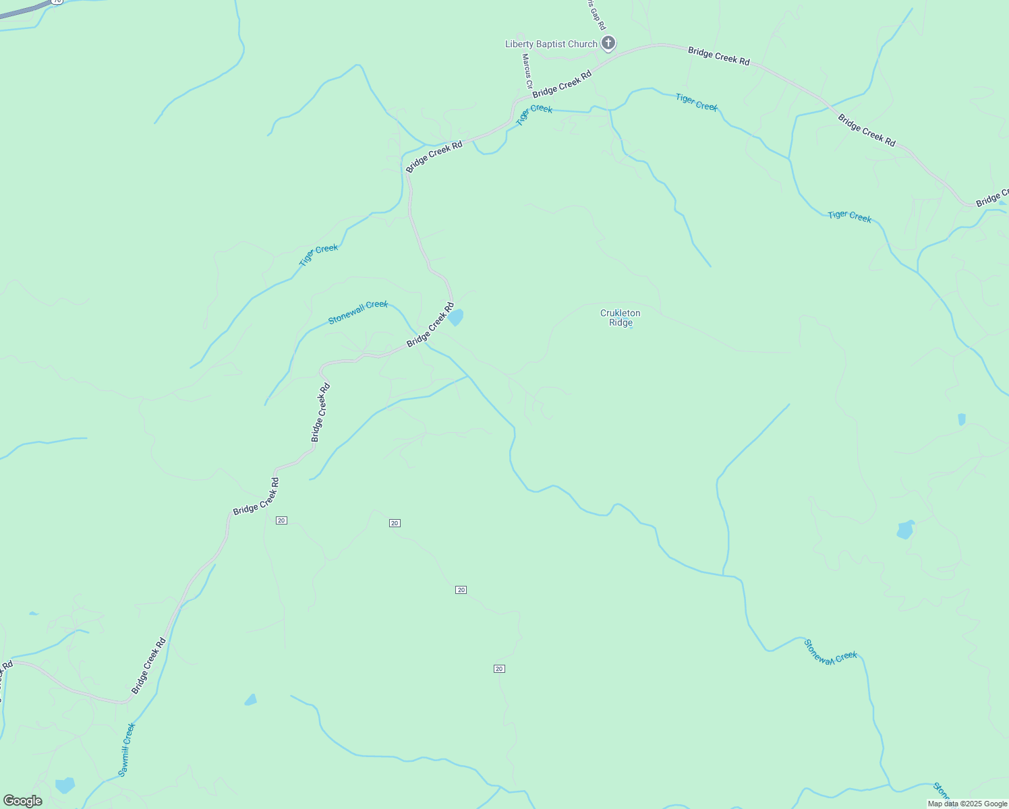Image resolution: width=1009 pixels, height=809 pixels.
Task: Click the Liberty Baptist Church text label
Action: (551, 44)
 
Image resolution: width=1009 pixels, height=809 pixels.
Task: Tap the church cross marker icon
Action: (608, 44)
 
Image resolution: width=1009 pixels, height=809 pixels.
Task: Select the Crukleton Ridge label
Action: (621, 318)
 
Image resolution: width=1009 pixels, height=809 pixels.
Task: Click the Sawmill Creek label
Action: (127, 750)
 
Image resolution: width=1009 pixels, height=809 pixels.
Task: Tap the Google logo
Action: (22, 801)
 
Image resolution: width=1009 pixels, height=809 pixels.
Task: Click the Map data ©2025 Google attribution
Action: (967, 804)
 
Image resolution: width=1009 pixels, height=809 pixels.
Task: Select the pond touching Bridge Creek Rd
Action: (457, 317)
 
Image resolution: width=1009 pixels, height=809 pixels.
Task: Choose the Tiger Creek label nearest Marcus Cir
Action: (534, 113)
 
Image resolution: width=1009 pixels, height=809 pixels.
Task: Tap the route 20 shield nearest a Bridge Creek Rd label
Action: (281, 520)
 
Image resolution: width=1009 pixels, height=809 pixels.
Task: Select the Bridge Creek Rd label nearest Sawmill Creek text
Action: (148, 666)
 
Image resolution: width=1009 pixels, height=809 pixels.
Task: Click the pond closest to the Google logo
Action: (65, 785)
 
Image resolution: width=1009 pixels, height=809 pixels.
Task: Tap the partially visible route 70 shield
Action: (57, 2)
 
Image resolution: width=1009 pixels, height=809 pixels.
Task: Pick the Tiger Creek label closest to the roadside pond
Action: (318, 255)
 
